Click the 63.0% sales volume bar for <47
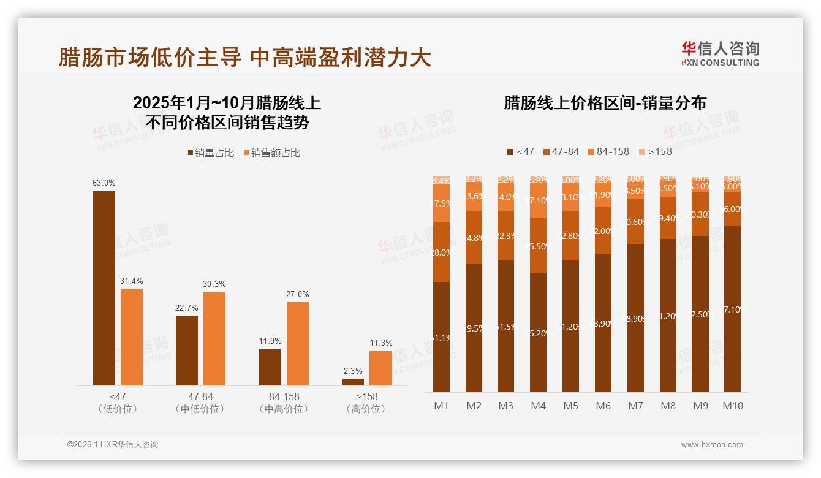104,288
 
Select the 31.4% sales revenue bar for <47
132,337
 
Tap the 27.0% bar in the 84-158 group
298,343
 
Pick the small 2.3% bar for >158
353,382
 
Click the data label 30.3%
214,284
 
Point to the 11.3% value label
380,343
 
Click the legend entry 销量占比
210,153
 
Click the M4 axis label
538,406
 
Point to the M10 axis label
732,406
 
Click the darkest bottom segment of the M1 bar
441,337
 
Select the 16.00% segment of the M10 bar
732,209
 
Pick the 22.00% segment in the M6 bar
603,230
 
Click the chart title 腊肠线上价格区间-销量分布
605,103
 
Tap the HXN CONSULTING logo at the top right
720,54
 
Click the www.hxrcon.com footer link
712,445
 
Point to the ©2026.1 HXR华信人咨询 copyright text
113,445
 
